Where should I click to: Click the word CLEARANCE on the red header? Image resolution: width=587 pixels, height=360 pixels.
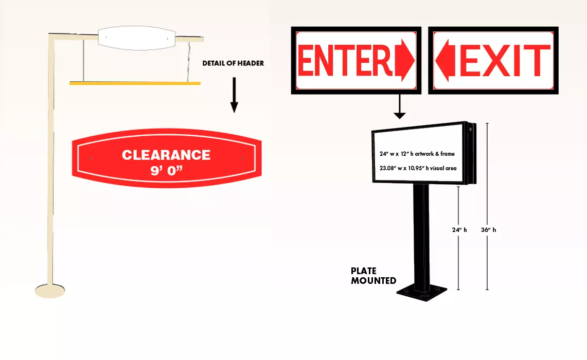166,155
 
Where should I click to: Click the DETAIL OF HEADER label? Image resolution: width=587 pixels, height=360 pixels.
233,63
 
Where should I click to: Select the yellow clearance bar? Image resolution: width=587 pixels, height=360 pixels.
135,82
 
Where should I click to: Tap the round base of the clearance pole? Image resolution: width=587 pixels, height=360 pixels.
50,291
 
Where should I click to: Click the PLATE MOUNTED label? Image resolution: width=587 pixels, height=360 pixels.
373,276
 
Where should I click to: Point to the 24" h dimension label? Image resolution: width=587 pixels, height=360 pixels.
459,230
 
